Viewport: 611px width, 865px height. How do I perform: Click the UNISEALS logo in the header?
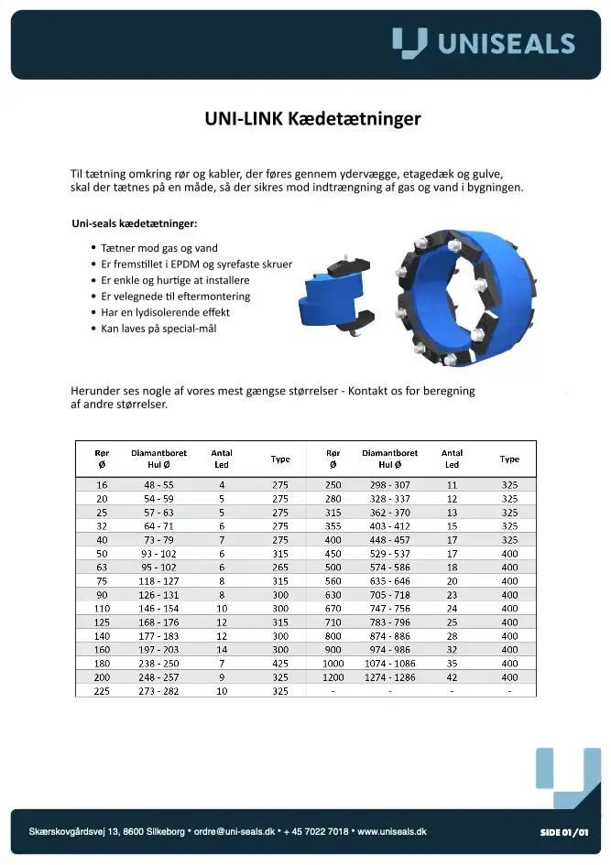(x=483, y=43)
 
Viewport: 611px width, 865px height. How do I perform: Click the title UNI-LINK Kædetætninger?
(x=312, y=119)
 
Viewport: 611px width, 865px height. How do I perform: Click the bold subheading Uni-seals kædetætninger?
(x=135, y=223)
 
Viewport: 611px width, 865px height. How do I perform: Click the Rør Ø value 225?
(x=102, y=691)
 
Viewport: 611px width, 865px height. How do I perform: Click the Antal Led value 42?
(x=452, y=677)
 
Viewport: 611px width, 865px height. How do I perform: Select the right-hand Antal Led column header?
(x=452, y=459)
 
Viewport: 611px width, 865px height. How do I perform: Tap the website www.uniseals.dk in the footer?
(x=392, y=831)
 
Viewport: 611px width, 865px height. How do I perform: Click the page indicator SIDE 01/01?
(x=563, y=831)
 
